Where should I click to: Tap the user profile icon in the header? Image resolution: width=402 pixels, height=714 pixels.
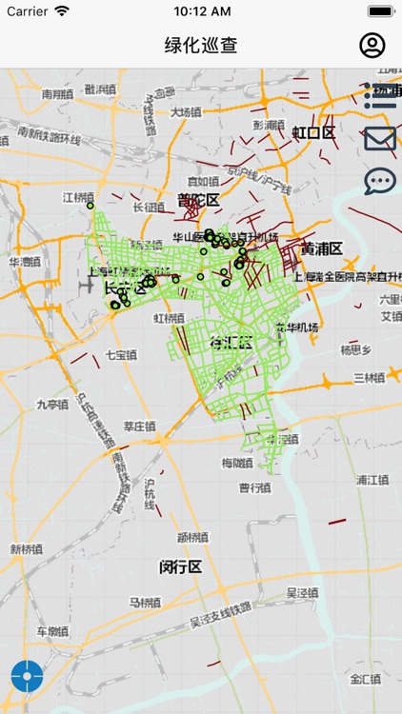(x=372, y=45)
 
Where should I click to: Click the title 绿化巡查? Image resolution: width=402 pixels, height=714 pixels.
(x=201, y=45)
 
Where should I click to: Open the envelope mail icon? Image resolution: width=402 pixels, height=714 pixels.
(x=379, y=139)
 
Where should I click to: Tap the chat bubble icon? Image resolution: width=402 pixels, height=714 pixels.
(x=379, y=180)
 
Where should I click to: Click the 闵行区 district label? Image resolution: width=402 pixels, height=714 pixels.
(x=180, y=566)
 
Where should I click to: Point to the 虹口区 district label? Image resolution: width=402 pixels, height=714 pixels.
(x=313, y=132)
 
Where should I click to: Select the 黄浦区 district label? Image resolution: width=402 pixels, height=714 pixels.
(x=321, y=248)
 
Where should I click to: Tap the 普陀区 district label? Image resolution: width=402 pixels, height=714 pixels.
(x=198, y=200)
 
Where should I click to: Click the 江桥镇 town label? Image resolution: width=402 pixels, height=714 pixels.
(x=79, y=197)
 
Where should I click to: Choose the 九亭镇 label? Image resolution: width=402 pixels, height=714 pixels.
(x=53, y=404)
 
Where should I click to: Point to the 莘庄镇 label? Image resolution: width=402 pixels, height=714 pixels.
(x=139, y=426)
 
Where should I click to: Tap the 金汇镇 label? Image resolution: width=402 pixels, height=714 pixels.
(x=365, y=679)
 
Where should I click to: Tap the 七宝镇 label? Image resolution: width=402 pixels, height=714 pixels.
(x=121, y=354)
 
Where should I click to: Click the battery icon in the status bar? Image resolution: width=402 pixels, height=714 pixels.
(x=381, y=11)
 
